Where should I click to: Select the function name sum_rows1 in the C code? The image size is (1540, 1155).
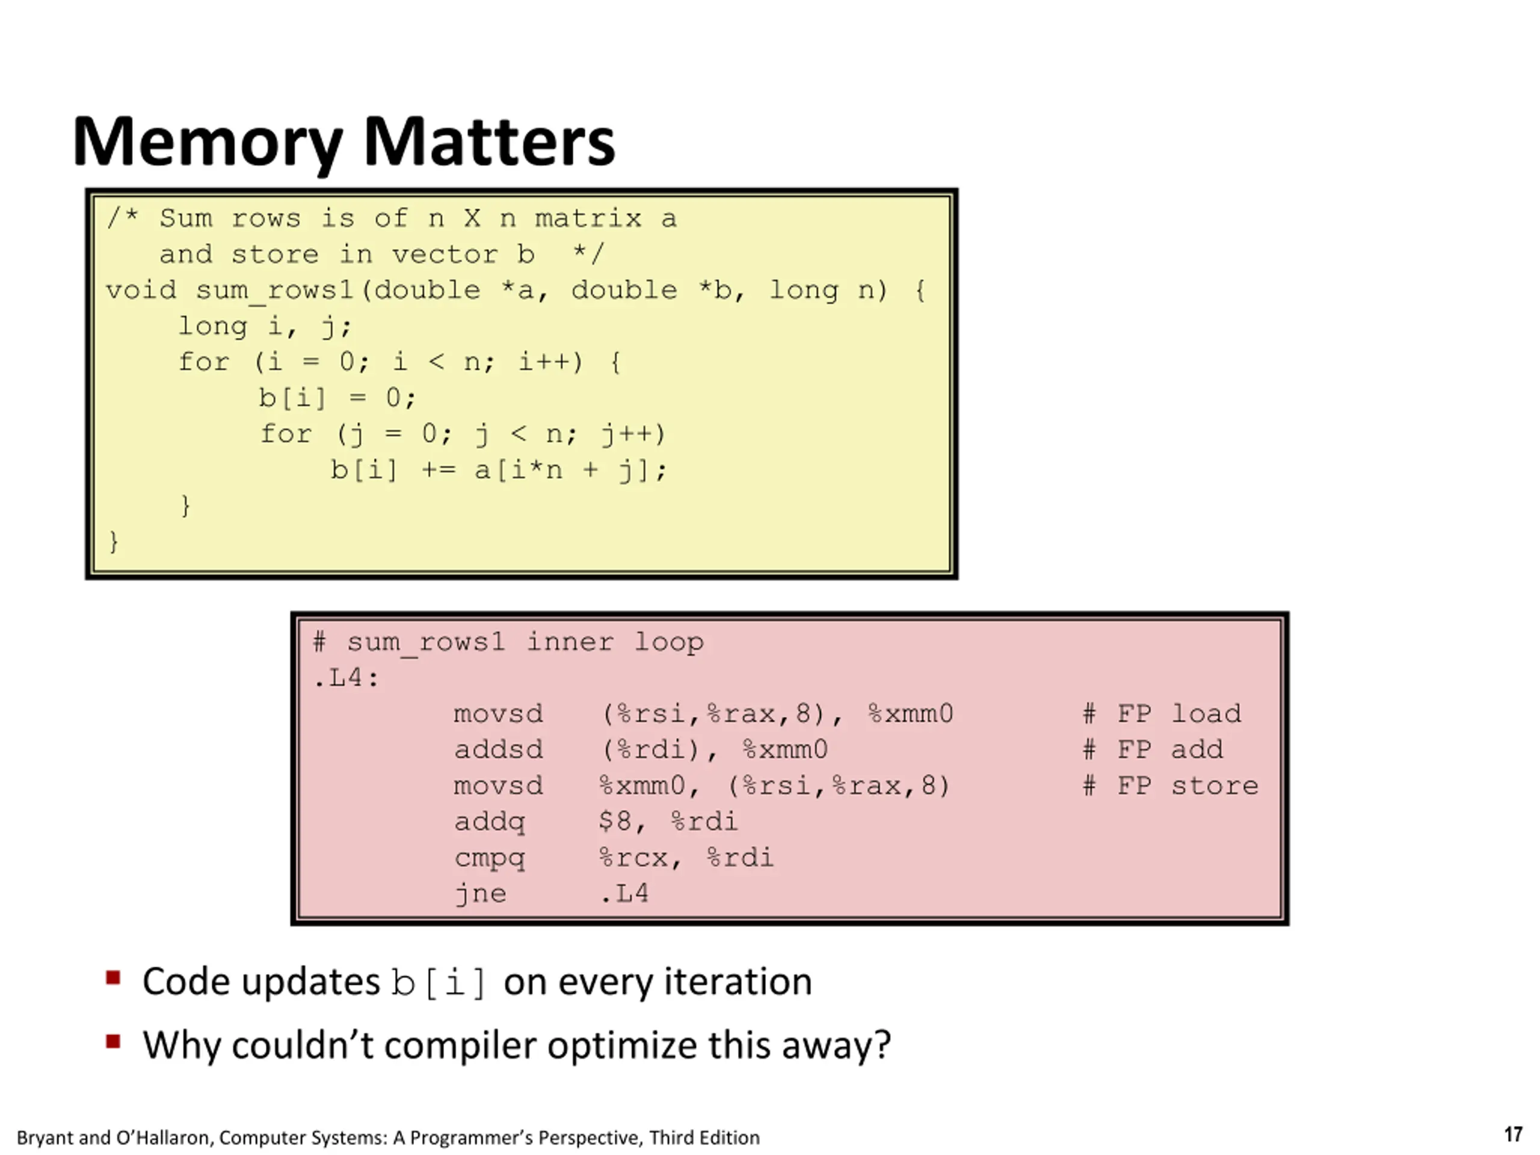coord(275,291)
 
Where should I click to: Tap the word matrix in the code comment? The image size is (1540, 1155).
coord(588,218)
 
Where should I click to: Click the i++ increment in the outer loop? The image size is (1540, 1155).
coord(550,362)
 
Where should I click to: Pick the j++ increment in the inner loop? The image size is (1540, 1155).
coord(633,434)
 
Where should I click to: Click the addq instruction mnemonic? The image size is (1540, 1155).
coord(490,822)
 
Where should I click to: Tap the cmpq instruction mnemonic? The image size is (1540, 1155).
coord(490,858)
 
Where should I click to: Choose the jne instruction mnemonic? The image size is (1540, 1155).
coord(481,894)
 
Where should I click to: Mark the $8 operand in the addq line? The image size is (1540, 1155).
coord(615,822)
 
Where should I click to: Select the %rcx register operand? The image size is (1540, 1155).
coord(633,858)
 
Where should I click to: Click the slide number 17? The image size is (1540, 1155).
coord(1513,1135)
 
